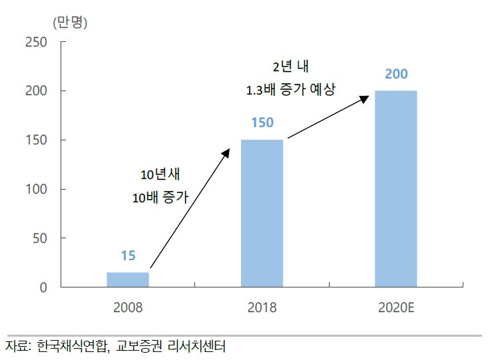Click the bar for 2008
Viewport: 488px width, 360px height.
[x=128, y=279]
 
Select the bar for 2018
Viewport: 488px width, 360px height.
[x=262, y=213]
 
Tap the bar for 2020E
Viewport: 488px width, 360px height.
[x=395, y=189]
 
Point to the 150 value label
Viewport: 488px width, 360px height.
[x=262, y=123]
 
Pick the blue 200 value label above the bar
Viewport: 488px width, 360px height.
[x=396, y=74]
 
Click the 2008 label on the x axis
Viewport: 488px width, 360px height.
[x=128, y=308]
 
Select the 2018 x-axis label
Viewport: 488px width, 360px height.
[x=262, y=308]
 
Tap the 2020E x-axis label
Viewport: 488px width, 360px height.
[x=395, y=308]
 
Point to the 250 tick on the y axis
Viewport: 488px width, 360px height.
[x=36, y=42]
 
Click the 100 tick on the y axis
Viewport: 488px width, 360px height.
[x=36, y=189]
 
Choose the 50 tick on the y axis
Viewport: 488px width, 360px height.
[x=40, y=238]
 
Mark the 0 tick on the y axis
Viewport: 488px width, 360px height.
[x=43, y=287]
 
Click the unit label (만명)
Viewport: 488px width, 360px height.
[x=69, y=21]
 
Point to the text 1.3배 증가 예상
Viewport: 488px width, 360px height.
[x=290, y=89]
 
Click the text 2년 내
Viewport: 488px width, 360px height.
[x=290, y=67]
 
